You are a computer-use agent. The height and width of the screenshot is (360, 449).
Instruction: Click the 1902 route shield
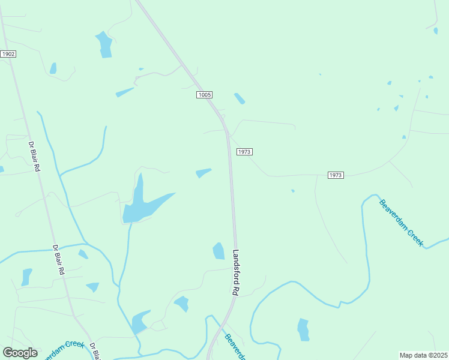8,54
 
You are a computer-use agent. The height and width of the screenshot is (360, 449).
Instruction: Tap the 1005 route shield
204,95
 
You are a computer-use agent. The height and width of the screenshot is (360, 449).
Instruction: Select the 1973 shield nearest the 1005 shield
244,152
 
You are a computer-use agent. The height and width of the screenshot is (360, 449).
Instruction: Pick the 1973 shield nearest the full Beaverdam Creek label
336,175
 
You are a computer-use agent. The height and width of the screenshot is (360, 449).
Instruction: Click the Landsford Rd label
236,272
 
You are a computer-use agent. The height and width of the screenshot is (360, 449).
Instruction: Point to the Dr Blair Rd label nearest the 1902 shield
34,157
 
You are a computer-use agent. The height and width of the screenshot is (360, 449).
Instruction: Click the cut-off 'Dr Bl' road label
94,350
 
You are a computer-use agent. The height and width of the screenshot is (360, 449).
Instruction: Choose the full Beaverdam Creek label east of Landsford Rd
402,222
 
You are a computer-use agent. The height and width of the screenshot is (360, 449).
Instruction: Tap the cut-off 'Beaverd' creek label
235,346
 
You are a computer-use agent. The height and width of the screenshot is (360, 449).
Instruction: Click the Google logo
20,353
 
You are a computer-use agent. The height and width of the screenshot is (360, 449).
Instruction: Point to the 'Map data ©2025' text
423,355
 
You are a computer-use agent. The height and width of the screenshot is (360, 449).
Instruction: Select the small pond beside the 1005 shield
240,98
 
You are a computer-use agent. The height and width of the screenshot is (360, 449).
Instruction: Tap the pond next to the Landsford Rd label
218,251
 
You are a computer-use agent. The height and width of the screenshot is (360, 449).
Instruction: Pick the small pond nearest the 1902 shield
53,68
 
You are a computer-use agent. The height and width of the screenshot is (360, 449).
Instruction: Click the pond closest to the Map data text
304,329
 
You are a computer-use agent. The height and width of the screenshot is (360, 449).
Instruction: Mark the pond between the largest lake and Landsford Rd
203,173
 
